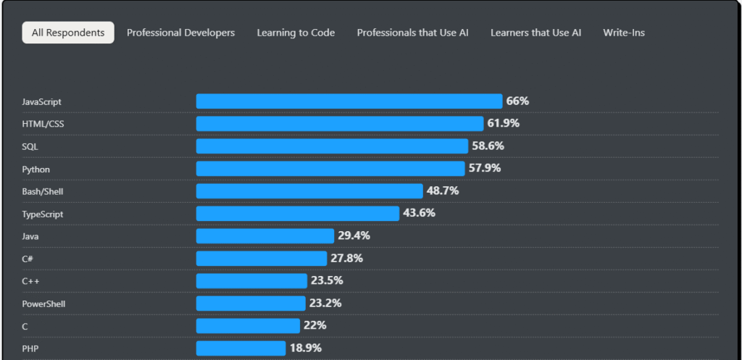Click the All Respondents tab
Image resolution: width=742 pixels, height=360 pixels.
[x=68, y=33]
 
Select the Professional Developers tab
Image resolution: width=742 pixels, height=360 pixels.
[x=180, y=33]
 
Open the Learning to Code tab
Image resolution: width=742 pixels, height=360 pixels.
[x=296, y=33]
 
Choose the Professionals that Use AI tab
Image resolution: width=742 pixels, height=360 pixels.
[x=412, y=33]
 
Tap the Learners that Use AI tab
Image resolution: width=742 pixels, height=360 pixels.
[x=535, y=33]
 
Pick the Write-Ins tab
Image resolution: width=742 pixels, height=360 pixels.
[x=624, y=33]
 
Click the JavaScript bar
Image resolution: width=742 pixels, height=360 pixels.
[x=349, y=101]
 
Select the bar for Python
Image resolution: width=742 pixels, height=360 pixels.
[x=330, y=169]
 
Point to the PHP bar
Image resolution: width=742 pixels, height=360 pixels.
[x=241, y=348]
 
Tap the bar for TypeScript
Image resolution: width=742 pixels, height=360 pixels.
[x=297, y=214]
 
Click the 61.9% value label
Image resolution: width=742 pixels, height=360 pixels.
[x=503, y=124]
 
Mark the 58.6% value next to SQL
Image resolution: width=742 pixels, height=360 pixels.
[x=488, y=146]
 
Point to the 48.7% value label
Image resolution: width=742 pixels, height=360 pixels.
[x=442, y=191]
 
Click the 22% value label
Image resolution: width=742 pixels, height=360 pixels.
[x=315, y=326]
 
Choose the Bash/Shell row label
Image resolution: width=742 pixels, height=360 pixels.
[x=42, y=192]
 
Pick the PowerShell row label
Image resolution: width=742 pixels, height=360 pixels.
[x=43, y=304]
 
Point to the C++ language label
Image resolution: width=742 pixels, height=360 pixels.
[x=30, y=282]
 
